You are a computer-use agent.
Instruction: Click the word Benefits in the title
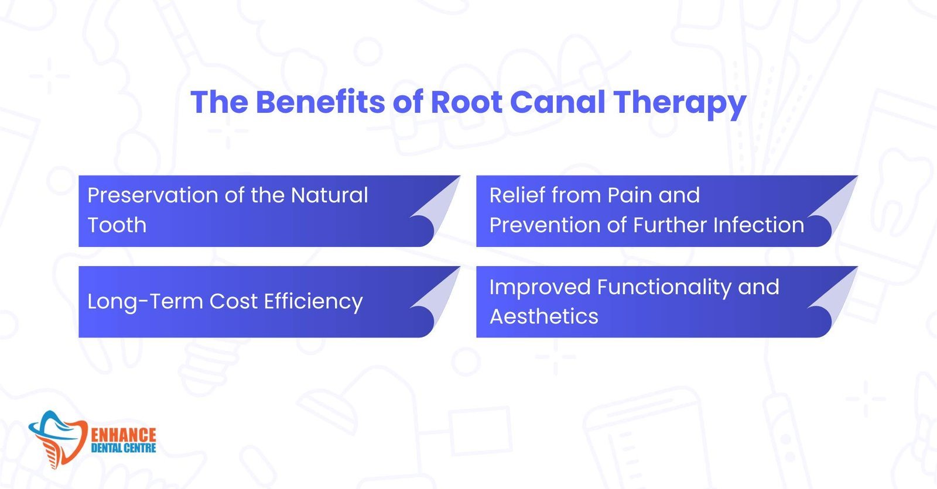click(x=320, y=102)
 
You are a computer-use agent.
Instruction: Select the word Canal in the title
click(x=558, y=102)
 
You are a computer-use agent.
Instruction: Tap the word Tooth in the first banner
click(x=117, y=225)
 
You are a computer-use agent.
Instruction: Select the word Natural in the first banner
click(x=329, y=195)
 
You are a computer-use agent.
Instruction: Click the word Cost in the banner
click(x=233, y=301)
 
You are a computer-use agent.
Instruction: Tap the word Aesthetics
click(x=543, y=316)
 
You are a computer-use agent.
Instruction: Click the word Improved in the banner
click(x=539, y=288)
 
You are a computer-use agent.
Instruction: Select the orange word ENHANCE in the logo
click(x=124, y=435)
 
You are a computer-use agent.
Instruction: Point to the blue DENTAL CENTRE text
click(x=124, y=449)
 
